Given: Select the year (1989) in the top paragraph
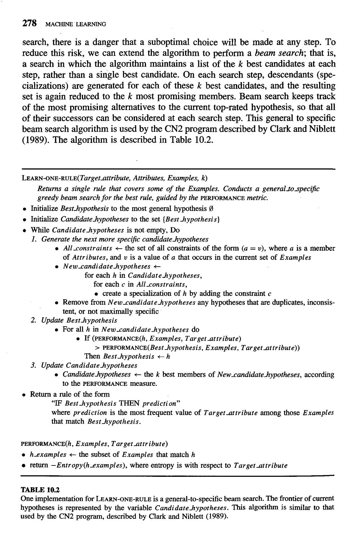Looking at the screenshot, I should click(34, 140).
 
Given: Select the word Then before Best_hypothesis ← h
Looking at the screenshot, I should click(92, 356).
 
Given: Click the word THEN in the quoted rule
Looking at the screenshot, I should click(129, 403).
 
